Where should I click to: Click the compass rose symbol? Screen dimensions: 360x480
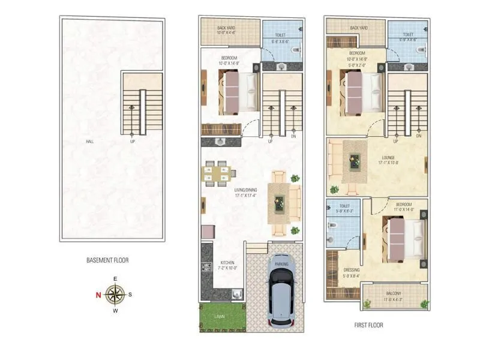115,294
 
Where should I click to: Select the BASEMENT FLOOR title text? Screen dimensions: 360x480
107,260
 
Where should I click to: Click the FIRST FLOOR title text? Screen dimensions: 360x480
368,325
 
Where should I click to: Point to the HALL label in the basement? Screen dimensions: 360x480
90,142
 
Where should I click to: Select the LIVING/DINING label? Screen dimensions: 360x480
246,192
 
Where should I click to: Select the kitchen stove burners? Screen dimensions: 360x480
206,268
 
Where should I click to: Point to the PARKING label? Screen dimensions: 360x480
281,264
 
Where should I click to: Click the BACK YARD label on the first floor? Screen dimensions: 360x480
359,28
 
